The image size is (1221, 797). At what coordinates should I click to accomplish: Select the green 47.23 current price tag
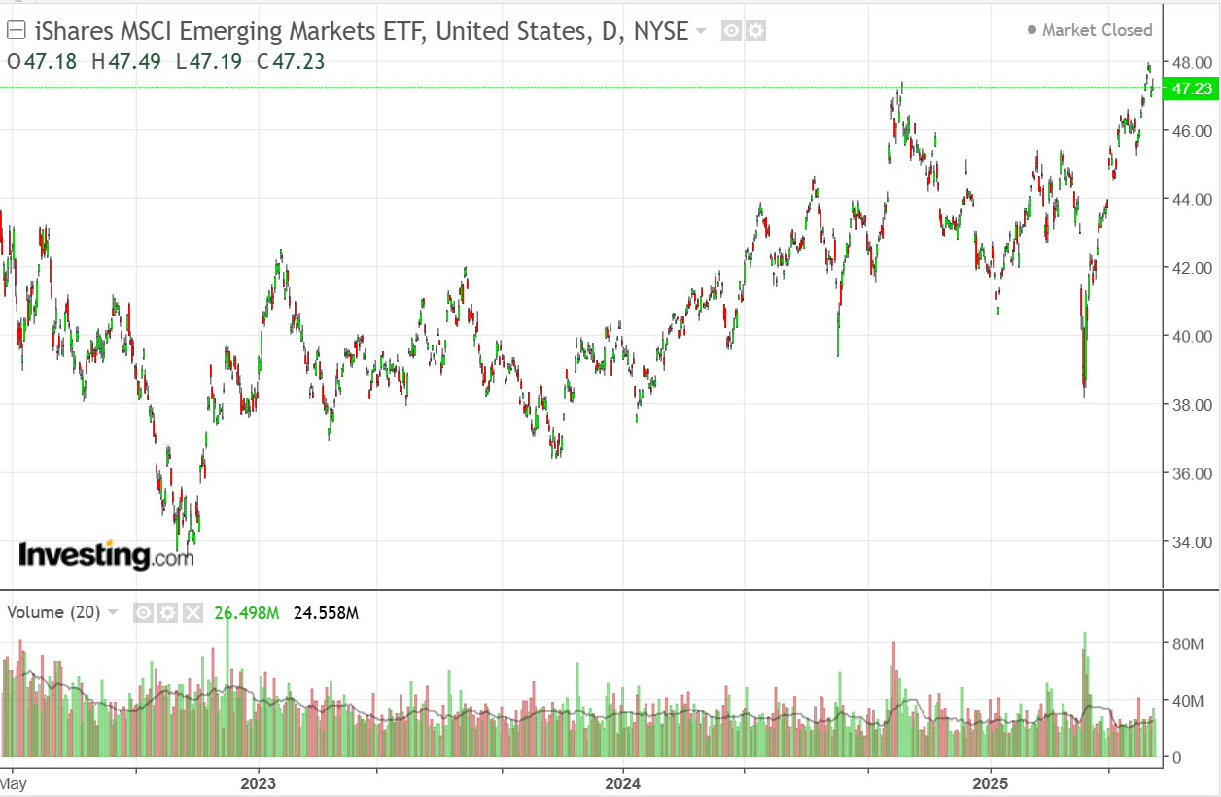1191,89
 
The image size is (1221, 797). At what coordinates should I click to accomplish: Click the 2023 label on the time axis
258,782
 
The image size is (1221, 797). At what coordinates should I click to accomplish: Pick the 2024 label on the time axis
622,782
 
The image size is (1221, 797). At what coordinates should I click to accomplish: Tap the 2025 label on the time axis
990,782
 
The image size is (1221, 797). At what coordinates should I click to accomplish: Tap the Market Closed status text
1097,30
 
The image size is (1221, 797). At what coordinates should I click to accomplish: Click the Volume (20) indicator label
53,612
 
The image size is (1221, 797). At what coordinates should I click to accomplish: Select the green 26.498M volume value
247,612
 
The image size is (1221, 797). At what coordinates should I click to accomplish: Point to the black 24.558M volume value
326,612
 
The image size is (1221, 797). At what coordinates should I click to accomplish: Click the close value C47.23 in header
291,62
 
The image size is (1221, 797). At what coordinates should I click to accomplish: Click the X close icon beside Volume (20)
192,612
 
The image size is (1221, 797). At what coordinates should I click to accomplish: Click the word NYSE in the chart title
660,30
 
